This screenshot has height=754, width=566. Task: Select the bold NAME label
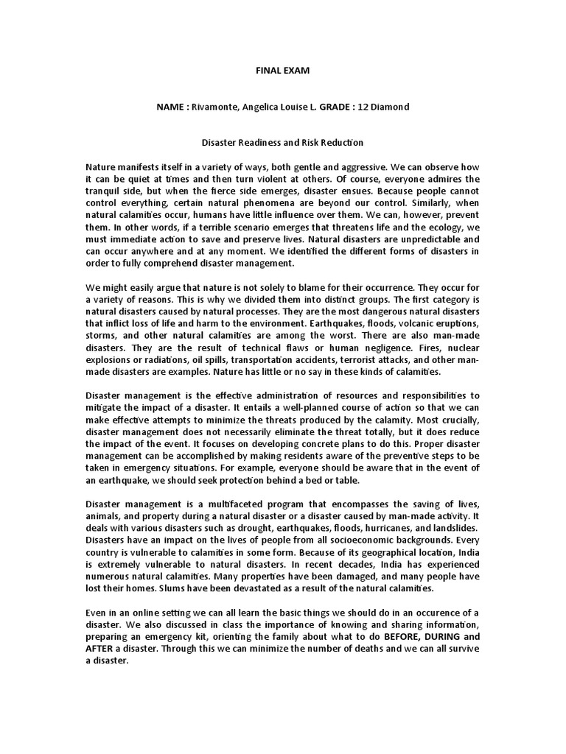click(x=171, y=107)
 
